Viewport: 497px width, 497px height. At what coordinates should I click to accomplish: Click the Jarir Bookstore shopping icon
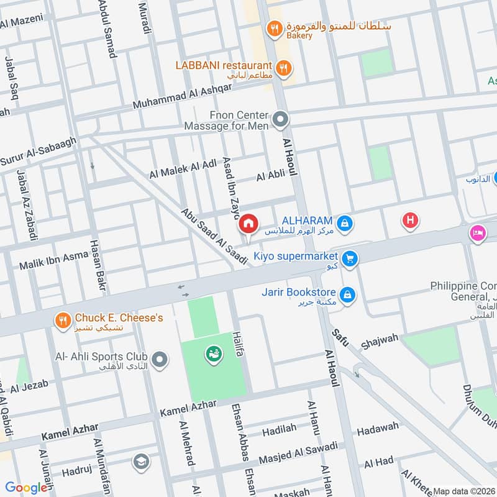pyautogui.click(x=347, y=294)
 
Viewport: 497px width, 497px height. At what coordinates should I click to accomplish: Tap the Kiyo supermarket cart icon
pyautogui.click(x=350, y=258)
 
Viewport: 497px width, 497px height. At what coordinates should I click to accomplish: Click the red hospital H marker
pyautogui.click(x=410, y=220)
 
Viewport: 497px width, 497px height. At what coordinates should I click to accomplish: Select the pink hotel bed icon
pyautogui.click(x=477, y=233)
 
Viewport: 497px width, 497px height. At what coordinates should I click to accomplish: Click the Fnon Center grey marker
pyautogui.click(x=281, y=119)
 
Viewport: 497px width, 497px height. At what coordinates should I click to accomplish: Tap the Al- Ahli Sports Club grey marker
pyautogui.click(x=160, y=359)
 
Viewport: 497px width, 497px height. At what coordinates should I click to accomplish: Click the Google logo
pyautogui.click(x=26, y=488)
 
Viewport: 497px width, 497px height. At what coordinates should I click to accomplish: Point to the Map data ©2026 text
pyautogui.click(x=463, y=491)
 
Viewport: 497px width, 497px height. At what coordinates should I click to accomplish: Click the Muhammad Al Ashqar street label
pyautogui.click(x=182, y=96)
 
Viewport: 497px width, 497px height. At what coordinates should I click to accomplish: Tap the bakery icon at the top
pyautogui.click(x=272, y=28)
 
